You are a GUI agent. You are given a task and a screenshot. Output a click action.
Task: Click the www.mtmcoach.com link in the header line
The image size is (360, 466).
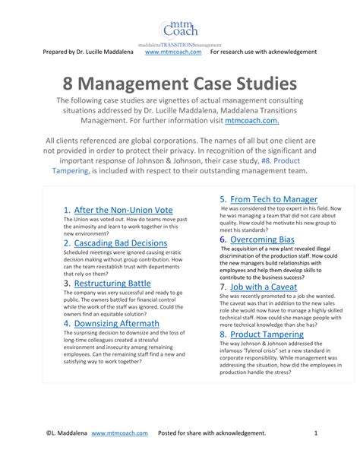coord(173,52)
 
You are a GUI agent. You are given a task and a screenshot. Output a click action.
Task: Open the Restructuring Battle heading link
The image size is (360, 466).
coord(112,284)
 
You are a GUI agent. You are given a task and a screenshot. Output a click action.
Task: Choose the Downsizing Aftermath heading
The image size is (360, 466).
coord(117,323)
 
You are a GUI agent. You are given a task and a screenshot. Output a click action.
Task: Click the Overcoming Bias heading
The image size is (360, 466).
coord(263,239)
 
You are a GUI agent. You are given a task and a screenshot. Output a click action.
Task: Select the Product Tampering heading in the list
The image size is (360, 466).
coord(267,334)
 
